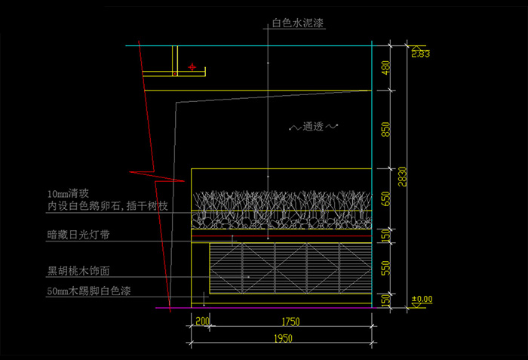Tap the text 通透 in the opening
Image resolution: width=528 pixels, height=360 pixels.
click(x=313, y=127)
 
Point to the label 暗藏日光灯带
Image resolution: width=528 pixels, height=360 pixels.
click(x=78, y=235)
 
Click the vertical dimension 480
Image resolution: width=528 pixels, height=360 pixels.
click(x=385, y=68)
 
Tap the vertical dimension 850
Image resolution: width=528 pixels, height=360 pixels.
click(x=385, y=129)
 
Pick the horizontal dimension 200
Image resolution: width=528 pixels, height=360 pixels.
click(x=203, y=322)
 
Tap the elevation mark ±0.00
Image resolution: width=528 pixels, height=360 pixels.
click(x=422, y=300)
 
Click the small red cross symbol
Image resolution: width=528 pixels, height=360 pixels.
click(x=193, y=67)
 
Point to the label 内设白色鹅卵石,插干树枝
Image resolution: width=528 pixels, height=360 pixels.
click(x=103, y=205)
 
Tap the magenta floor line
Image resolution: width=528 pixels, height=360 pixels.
click(x=264, y=308)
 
